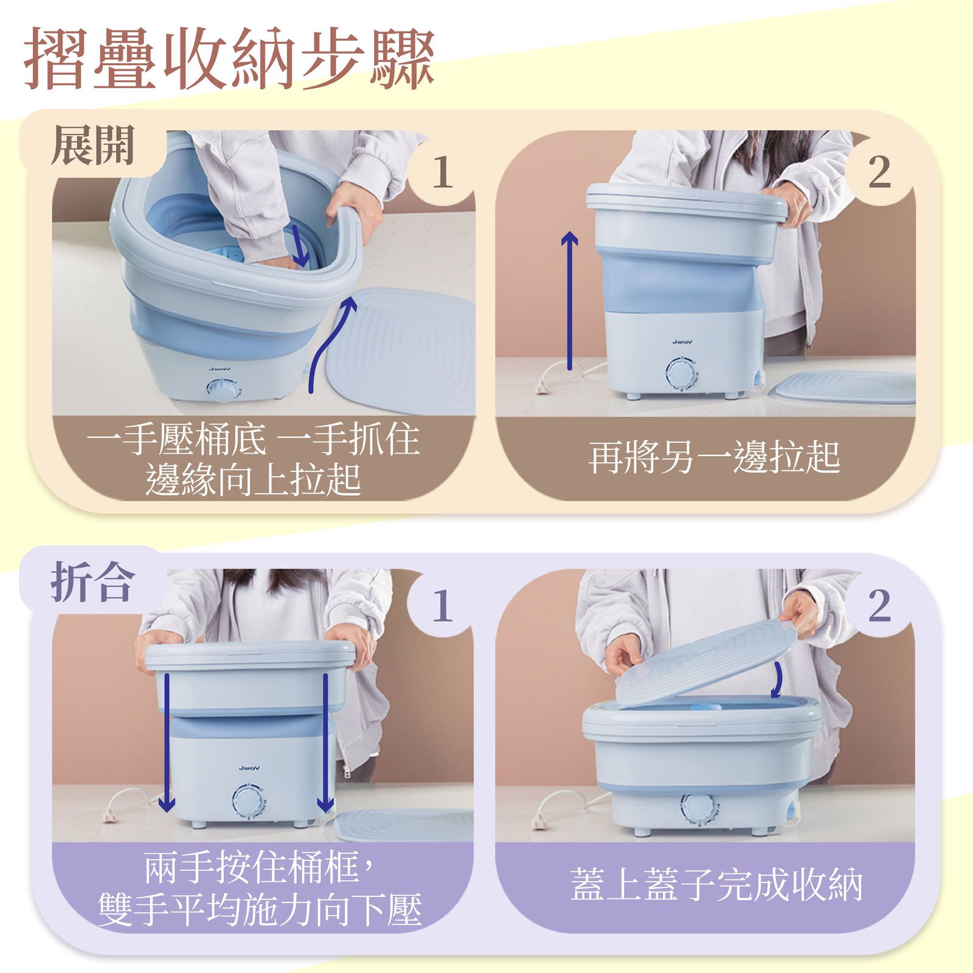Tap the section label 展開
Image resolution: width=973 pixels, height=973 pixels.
coord(92,147)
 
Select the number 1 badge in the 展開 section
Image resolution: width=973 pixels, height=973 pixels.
coord(442,173)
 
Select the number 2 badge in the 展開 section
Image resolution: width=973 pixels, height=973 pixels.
coord(879,173)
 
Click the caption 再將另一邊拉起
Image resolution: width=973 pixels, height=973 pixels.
coord(714,457)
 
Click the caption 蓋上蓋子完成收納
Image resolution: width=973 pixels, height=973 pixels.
coord(716,884)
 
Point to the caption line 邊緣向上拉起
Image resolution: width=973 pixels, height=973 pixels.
coord(253,479)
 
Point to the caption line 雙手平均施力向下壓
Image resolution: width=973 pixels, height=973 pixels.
coord(260,910)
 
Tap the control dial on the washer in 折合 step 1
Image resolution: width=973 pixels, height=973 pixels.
coord(248,803)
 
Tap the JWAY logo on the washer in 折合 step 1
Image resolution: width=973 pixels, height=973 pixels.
coord(249,769)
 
